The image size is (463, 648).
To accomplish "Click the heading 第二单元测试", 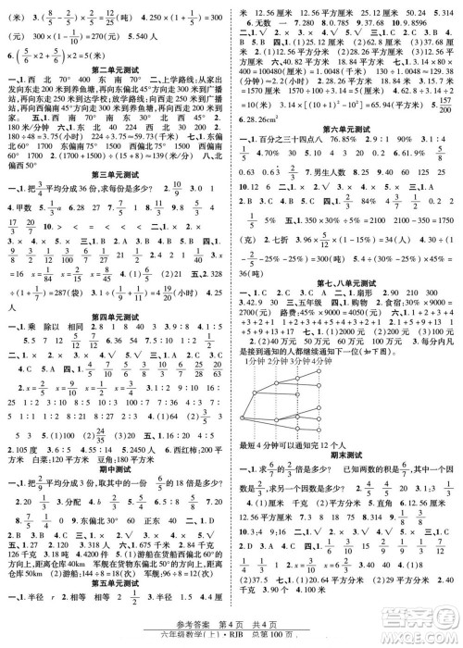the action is coord(115,69).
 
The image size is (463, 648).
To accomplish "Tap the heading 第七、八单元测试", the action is coord(347,282).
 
